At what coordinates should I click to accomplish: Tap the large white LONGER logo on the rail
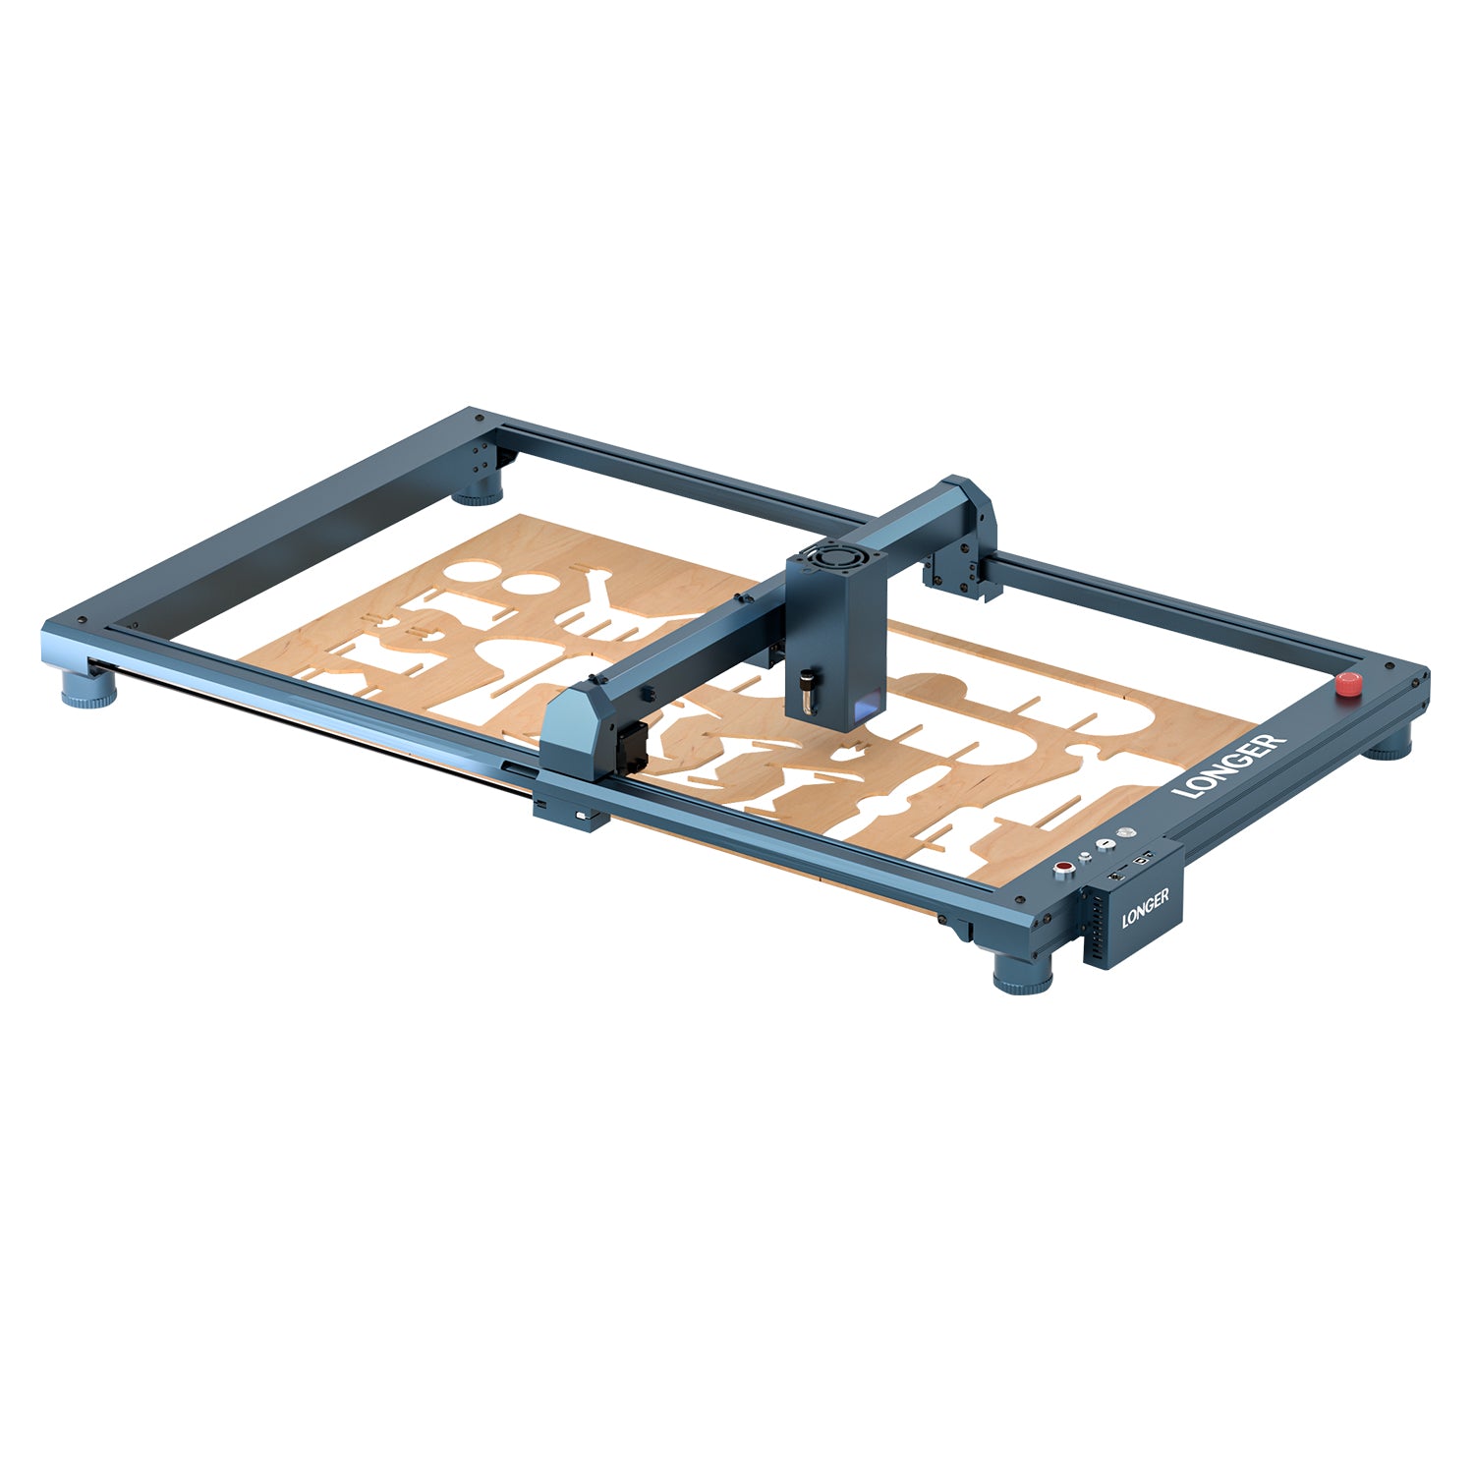tap(1229, 766)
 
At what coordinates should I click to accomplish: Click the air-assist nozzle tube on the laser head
tap(808, 690)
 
